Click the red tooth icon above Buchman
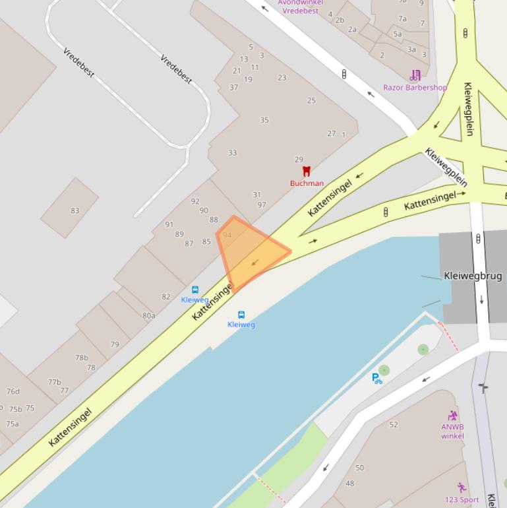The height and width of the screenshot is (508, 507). (306, 171)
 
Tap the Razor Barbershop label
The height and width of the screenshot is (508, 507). (415, 87)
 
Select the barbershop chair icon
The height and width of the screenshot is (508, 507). (415, 75)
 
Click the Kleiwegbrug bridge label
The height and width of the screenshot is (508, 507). (473, 276)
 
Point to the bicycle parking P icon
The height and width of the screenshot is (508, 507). (377, 379)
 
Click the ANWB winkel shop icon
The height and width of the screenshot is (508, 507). (452, 416)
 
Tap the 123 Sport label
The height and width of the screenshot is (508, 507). (462, 499)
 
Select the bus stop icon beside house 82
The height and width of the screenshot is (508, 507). (195, 290)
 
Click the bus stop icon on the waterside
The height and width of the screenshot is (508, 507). (241, 315)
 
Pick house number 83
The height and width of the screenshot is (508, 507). (75, 211)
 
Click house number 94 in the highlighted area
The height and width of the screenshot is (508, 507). (227, 235)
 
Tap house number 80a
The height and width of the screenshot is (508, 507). (149, 316)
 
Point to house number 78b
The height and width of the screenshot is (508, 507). (81, 358)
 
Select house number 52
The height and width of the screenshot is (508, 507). (394, 425)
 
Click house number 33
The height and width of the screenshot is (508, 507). (232, 153)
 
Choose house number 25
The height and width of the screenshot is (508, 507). (311, 101)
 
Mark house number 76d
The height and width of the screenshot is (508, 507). (13, 391)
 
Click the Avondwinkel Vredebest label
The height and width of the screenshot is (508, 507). (300, 7)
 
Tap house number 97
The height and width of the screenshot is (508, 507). (262, 205)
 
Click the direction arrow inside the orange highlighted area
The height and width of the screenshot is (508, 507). (254, 263)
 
